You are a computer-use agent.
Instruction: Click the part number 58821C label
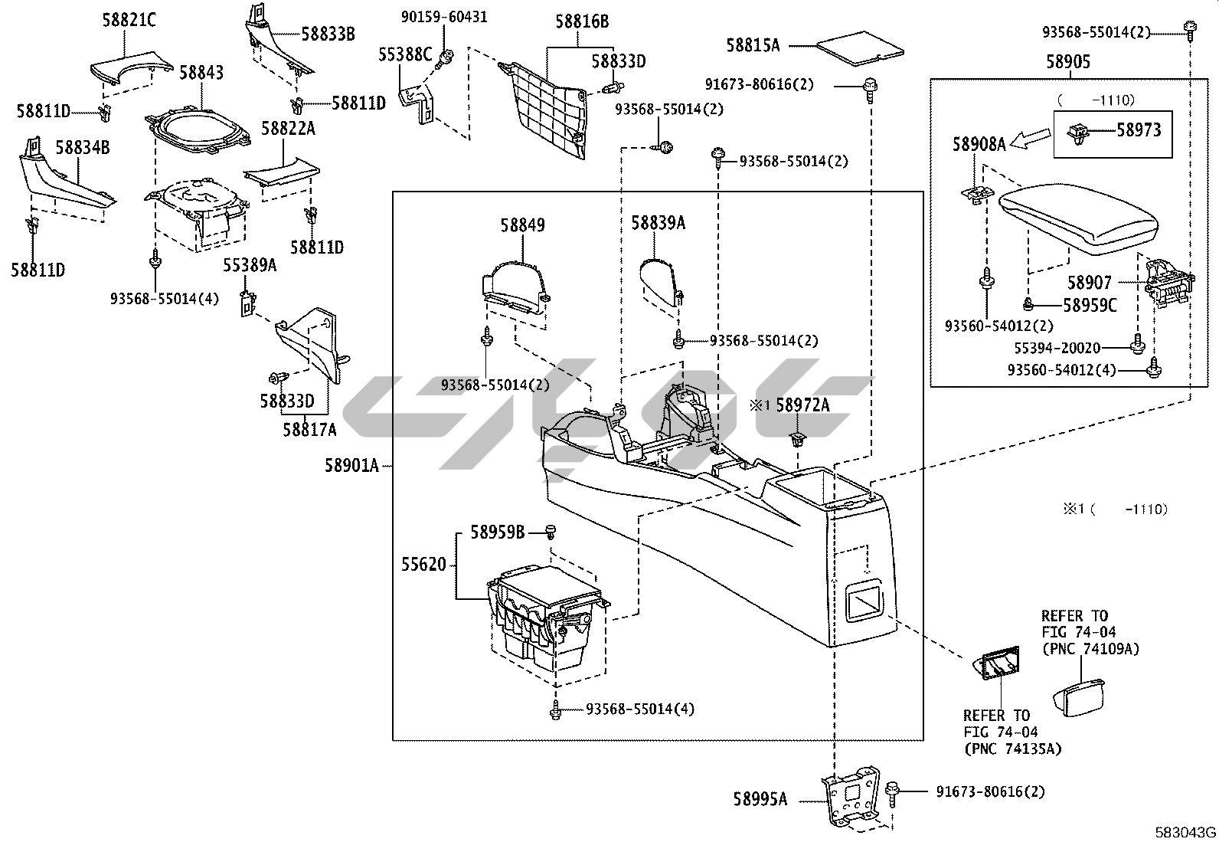(129, 20)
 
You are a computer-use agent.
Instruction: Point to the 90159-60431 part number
(444, 16)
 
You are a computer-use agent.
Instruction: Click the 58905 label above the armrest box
(1069, 63)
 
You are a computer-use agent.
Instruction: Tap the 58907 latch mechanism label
(1089, 283)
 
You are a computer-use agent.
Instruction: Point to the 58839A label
(658, 223)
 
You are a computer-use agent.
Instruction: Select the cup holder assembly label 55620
(423, 565)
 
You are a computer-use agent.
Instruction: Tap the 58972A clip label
(802, 406)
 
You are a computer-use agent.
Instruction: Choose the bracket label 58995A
(760, 799)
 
